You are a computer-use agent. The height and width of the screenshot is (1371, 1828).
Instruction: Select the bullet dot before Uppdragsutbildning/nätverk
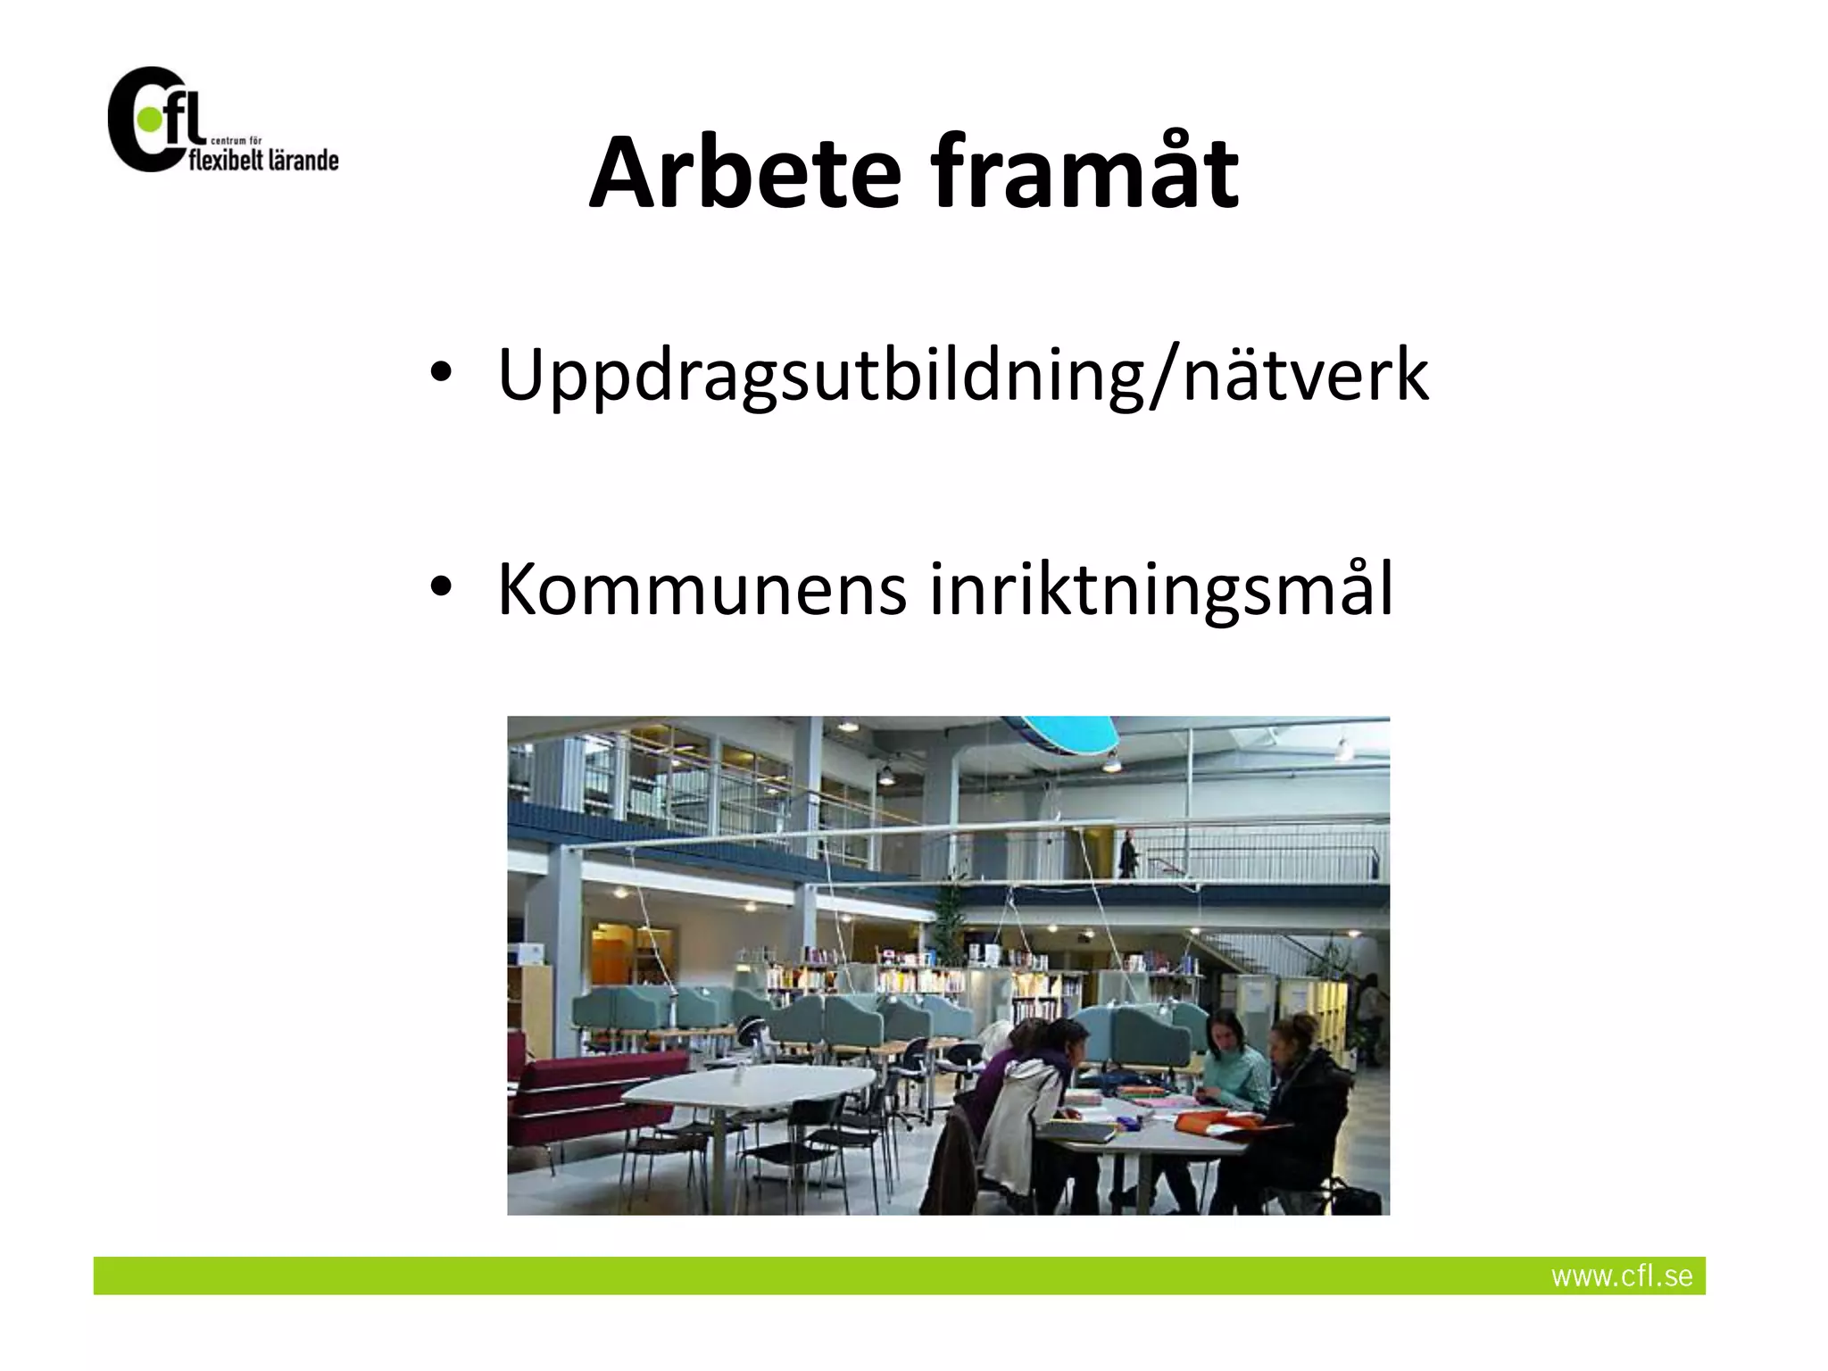[440, 374]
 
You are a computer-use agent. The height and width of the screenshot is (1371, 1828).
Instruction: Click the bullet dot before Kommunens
[440, 588]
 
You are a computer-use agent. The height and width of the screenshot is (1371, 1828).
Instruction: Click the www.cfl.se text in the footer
[1621, 1275]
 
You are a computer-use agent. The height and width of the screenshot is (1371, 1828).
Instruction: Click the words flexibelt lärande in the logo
[264, 161]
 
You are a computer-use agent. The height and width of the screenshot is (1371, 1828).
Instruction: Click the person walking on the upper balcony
[1129, 853]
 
